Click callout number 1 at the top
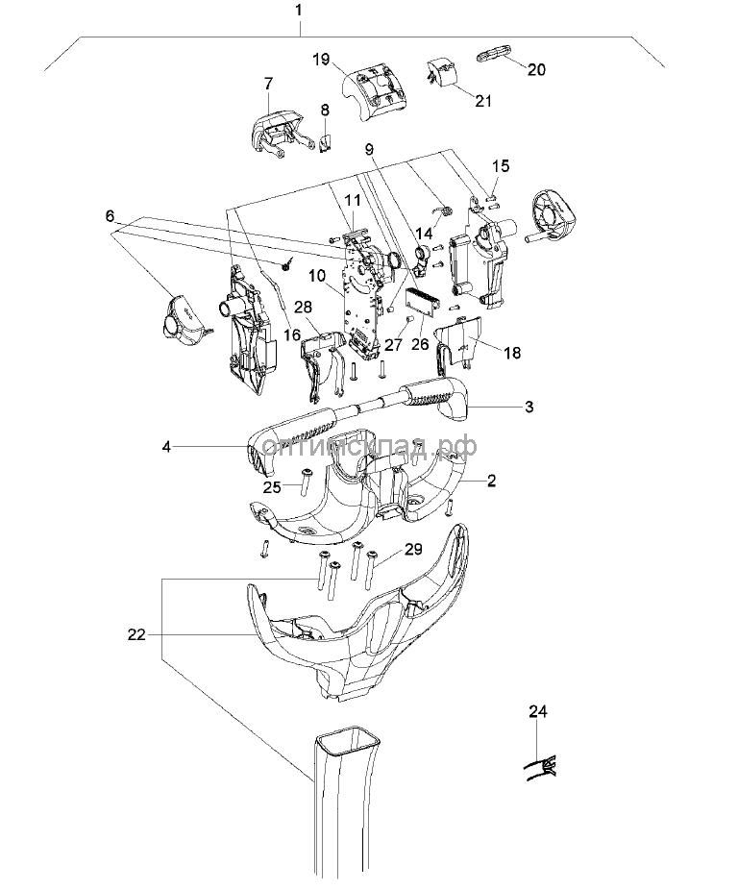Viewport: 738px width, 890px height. point(299,11)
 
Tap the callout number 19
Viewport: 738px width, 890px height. point(321,59)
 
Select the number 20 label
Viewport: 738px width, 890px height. point(536,69)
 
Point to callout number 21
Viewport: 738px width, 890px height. point(483,101)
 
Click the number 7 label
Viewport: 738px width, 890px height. point(268,84)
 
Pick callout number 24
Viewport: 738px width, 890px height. point(538,711)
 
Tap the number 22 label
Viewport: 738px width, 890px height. point(136,634)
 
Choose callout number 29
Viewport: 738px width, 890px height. point(413,550)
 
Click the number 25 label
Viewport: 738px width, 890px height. point(273,487)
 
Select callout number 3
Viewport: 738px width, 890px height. point(529,407)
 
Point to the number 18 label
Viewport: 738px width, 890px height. point(512,353)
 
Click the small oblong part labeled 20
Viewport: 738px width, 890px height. point(493,55)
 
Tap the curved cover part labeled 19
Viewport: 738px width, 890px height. point(375,89)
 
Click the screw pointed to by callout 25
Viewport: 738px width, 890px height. point(308,482)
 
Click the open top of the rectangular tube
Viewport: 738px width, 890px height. point(348,741)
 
